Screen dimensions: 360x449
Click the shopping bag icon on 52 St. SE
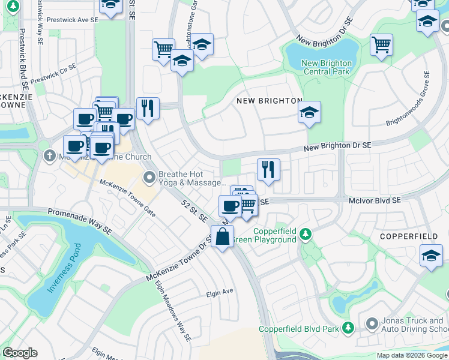point(222,237)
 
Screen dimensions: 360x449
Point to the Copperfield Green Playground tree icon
point(306,233)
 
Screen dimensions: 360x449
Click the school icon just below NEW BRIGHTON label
point(309,112)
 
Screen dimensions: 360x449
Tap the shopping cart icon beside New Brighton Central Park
point(381,45)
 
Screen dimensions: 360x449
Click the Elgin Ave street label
point(219,293)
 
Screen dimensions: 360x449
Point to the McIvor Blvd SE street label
point(374,202)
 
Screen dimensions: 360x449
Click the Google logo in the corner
point(20,352)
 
